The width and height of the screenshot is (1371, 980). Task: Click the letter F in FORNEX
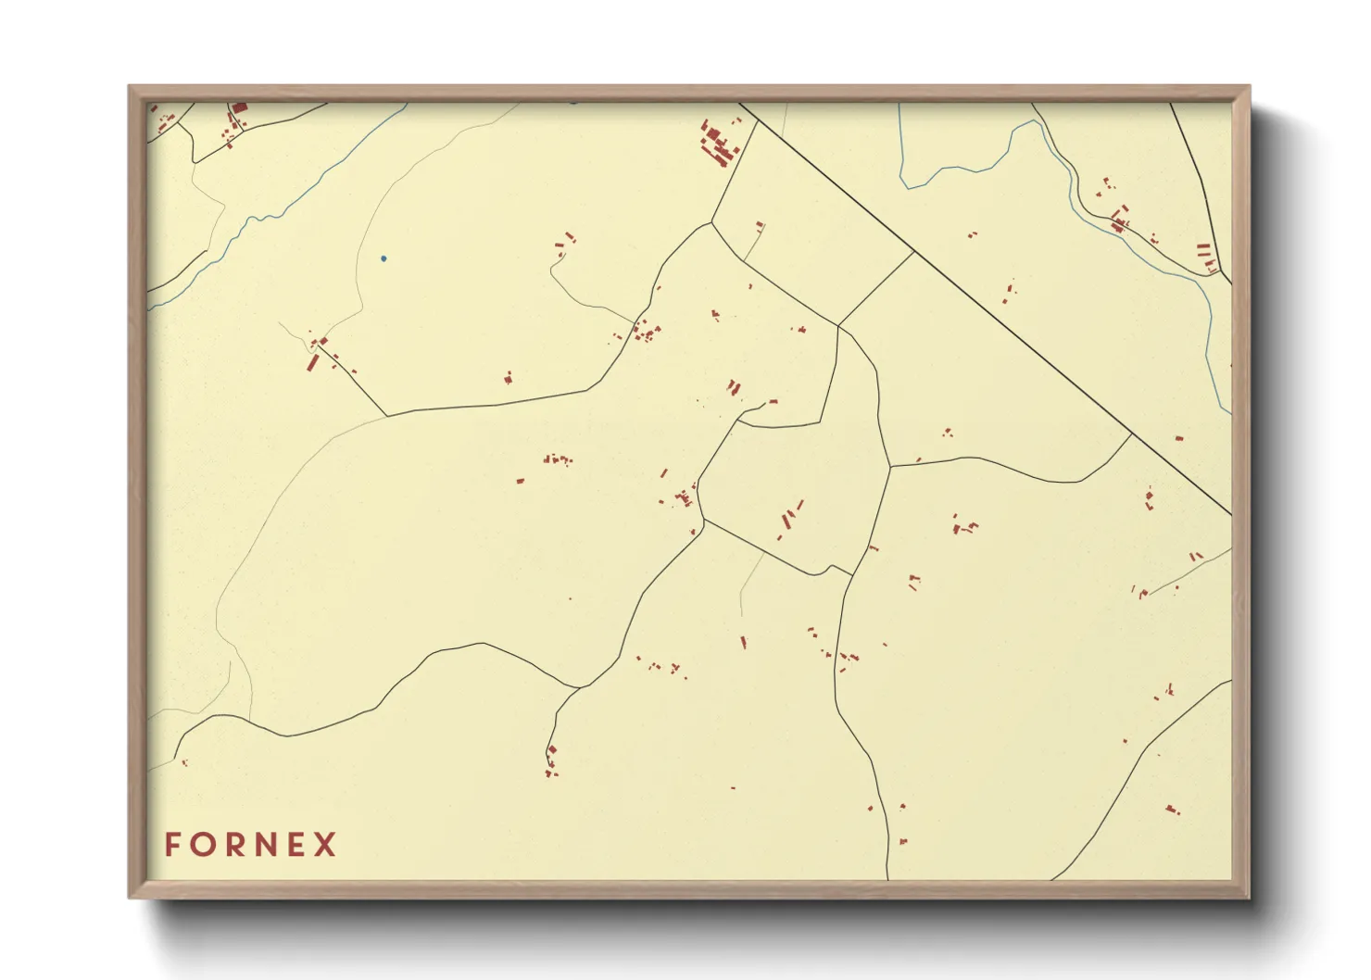coord(173,845)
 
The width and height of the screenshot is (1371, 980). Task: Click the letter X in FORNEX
coord(325,845)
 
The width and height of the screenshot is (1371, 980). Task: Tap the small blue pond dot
coord(384,258)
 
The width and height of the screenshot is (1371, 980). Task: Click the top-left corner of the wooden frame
coord(131,88)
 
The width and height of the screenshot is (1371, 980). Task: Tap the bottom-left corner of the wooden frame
coord(131,896)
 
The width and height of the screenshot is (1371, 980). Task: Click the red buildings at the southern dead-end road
coord(551,760)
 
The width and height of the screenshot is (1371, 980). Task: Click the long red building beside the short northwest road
coord(313,362)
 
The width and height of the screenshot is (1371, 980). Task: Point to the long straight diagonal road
coord(982,307)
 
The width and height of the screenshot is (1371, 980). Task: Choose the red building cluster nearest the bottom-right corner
coord(1173,810)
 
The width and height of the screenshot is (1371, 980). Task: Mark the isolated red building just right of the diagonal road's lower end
coord(1179,438)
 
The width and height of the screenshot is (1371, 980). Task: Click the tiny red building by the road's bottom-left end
coord(184,762)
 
